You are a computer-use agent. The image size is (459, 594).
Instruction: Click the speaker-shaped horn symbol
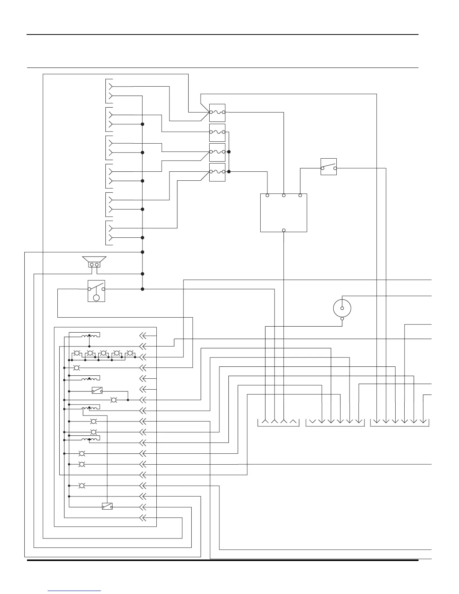(x=94, y=262)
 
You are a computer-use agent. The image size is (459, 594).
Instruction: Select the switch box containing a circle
(x=96, y=291)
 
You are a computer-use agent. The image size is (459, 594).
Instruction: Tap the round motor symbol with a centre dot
(x=342, y=308)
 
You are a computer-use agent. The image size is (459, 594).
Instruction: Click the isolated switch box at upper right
(x=329, y=167)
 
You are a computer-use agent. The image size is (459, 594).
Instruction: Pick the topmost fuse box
(x=217, y=112)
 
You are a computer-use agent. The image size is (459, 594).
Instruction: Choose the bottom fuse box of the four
(x=217, y=172)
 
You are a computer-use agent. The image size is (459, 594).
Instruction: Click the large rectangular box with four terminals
(x=283, y=213)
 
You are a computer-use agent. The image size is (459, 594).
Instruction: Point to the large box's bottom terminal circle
(x=284, y=230)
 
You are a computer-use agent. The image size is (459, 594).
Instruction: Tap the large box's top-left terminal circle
(x=267, y=195)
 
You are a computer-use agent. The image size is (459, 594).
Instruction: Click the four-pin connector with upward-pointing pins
(x=279, y=422)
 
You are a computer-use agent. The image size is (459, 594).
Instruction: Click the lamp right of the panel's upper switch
(x=114, y=400)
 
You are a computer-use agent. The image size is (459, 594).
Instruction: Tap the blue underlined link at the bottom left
(x=74, y=591)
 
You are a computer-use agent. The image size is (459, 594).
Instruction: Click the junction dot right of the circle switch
(x=142, y=289)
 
